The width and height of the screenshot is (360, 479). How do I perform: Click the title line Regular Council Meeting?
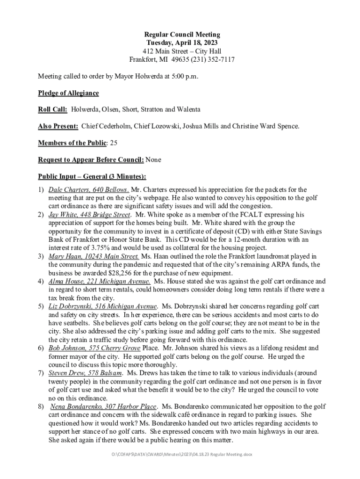pyautogui.click(x=182, y=35)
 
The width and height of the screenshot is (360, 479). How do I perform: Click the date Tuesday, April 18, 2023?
pyautogui.click(x=182, y=43)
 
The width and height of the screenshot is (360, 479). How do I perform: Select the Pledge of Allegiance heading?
pyautogui.click(x=68, y=93)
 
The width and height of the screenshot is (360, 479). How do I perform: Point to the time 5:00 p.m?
pyautogui.click(x=184, y=76)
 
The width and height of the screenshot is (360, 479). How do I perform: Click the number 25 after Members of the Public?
pyautogui.click(x=114, y=143)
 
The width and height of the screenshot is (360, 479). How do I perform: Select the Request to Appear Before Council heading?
pyautogui.click(x=91, y=160)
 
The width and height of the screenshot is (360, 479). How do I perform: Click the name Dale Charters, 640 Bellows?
pyautogui.click(x=89, y=189)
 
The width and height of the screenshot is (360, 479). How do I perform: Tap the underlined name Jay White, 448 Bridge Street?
pyautogui.click(x=90, y=215)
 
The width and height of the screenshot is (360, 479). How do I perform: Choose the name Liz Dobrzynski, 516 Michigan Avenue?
pyautogui.click(x=103, y=306)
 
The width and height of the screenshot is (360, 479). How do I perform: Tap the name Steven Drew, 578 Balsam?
pyautogui.click(x=86, y=373)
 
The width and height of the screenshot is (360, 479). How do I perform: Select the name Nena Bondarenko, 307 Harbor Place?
pyautogui.click(x=103, y=406)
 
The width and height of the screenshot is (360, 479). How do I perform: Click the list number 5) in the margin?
pyautogui.click(x=41, y=306)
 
